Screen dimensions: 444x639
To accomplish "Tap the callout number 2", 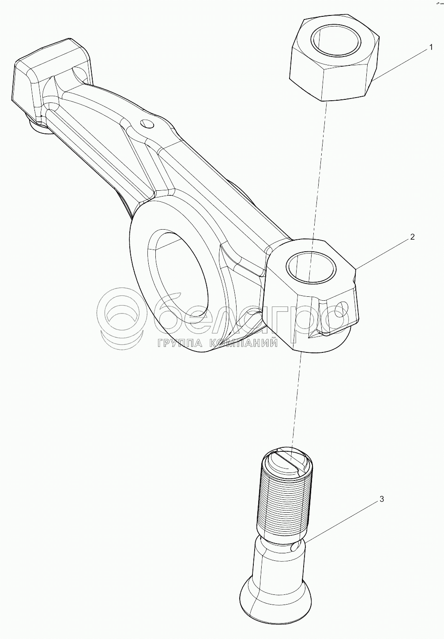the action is coord(412,237).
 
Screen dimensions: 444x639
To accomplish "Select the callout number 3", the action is coord(382,499).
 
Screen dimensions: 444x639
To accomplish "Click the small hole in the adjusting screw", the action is coord(295,548).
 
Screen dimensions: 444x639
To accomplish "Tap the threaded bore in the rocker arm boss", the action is coord(311,267).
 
